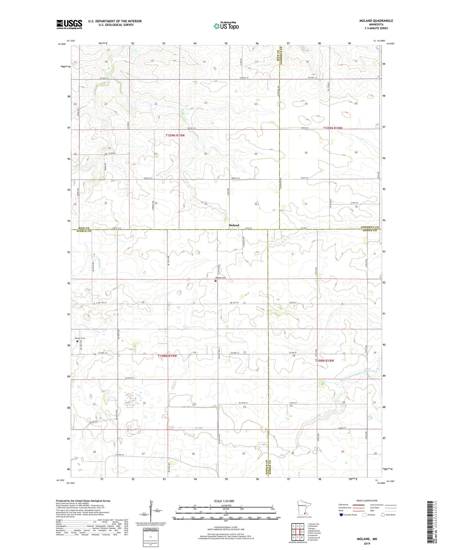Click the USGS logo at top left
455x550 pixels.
pyautogui.click(x=69, y=24)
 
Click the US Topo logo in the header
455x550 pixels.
pyautogui.click(x=226, y=26)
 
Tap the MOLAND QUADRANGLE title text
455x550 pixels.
pyautogui.click(x=376, y=21)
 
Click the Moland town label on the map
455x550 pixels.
pyautogui.click(x=234, y=225)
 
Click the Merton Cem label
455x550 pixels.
pyautogui.click(x=80, y=338)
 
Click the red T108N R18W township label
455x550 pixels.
pyautogui.click(x=324, y=361)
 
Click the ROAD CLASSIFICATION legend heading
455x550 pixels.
pyautogui.click(x=367, y=501)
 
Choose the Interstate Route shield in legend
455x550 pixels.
pyautogui.click(x=342, y=515)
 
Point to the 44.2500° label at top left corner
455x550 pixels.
pyautogui.click(x=62, y=44)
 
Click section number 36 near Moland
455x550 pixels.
pyautogui.click(x=256, y=204)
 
